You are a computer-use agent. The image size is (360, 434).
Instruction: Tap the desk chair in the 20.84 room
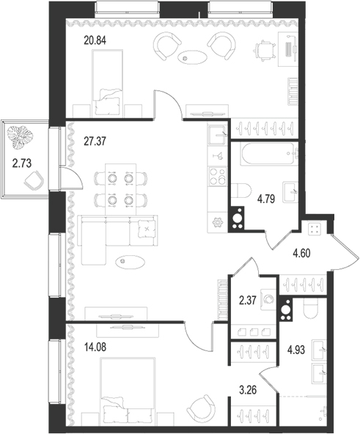[262, 50]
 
